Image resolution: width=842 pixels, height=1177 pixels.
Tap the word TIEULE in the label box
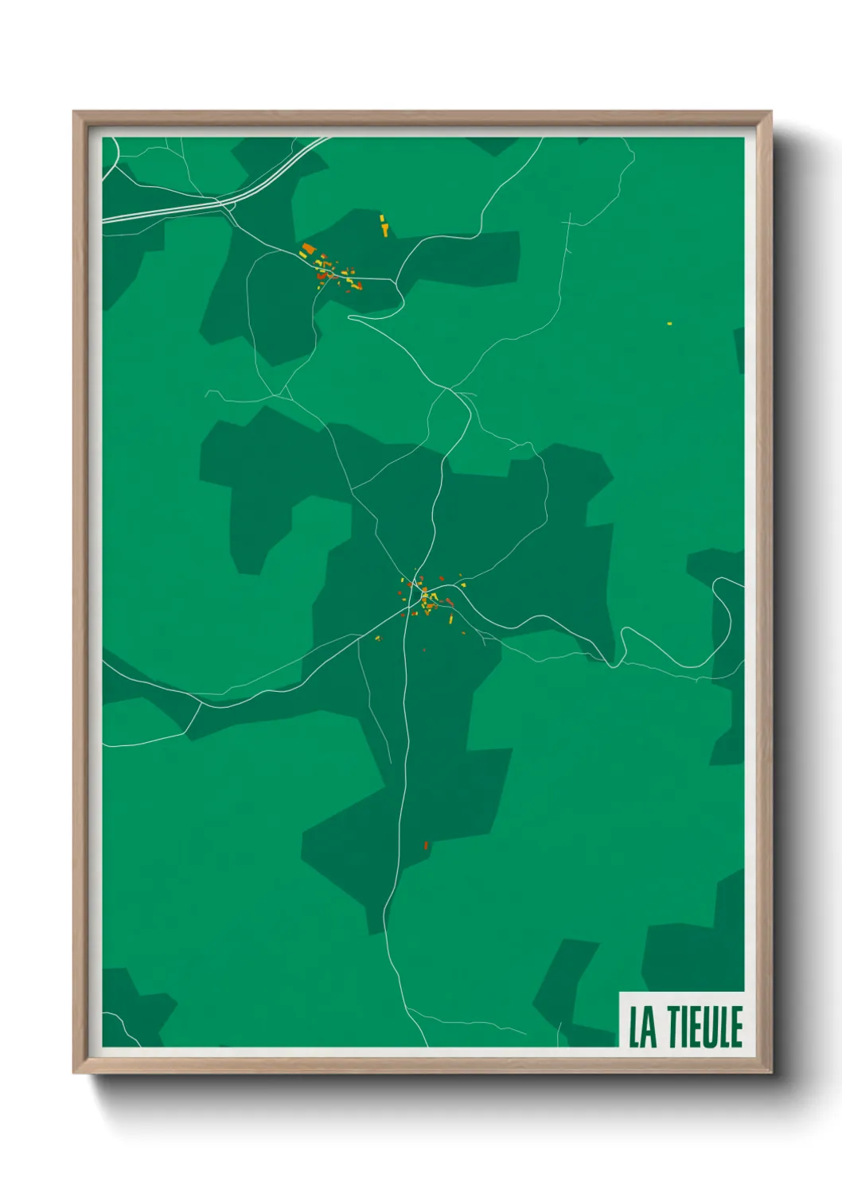[705, 1027]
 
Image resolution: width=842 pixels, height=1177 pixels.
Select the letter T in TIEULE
[673, 1027]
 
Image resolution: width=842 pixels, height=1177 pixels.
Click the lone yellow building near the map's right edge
[669, 324]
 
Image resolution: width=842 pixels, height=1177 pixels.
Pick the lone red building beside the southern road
[427, 845]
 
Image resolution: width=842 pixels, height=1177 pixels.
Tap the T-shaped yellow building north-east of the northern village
[385, 230]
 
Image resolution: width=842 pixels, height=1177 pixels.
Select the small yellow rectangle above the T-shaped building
[382, 217]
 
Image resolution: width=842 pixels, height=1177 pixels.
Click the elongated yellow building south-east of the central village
[450, 618]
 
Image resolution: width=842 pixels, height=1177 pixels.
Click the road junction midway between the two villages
[451, 390]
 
